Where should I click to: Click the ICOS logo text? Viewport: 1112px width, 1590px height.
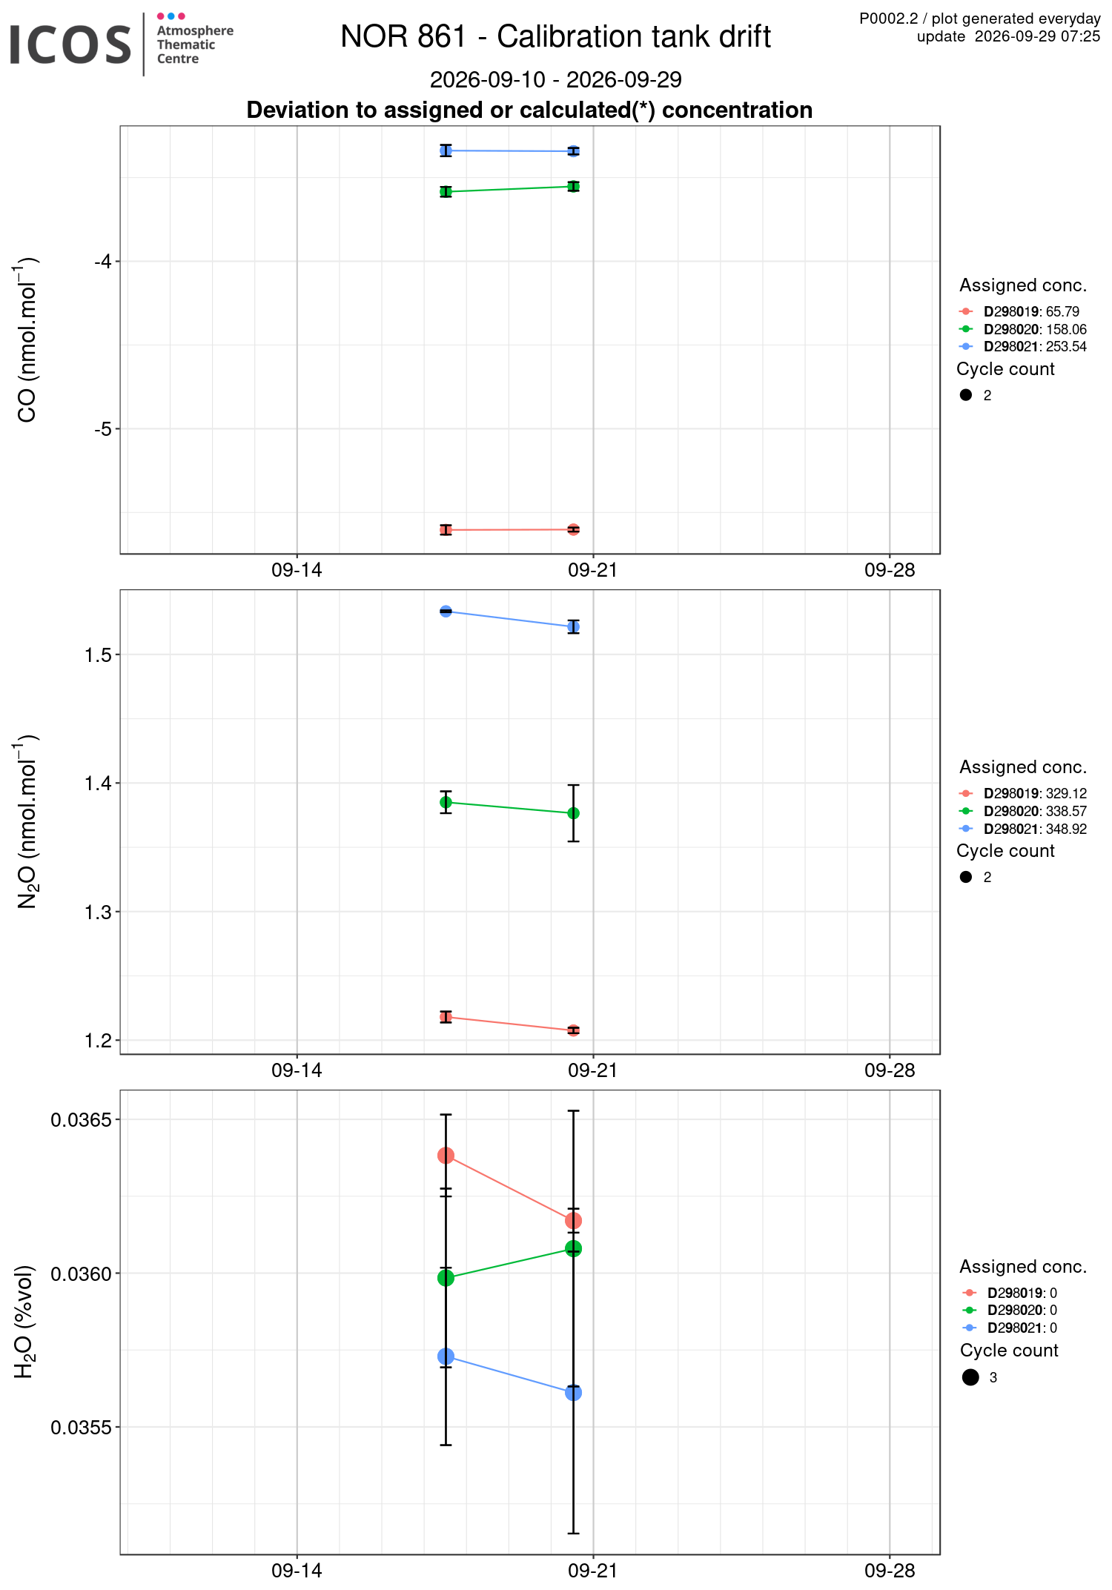pos(70,44)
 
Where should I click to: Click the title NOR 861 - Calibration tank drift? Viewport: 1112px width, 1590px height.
pos(555,36)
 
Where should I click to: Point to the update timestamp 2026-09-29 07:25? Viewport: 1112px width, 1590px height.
pos(1037,36)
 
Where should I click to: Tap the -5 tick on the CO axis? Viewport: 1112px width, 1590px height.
pos(103,428)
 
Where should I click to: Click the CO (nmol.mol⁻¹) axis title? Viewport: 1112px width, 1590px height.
pos(27,339)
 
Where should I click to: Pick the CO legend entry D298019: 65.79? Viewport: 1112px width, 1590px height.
pos(1031,312)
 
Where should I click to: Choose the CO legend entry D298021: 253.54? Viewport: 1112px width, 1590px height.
pos(1035,347)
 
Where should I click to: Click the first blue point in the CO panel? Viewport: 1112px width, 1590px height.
pos(446,150)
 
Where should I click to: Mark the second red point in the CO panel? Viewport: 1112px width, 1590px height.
pos(573,529)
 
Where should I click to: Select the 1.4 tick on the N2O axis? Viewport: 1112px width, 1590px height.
pos(99,783)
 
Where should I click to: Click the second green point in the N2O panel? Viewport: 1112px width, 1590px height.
pos(573,813)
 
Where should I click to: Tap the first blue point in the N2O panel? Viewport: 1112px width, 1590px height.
pos(446,612)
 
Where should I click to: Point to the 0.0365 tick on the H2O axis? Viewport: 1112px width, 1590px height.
pos(82,1119)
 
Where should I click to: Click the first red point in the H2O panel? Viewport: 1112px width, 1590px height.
pos(446,1156)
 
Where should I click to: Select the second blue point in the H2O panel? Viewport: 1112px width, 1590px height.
pos(573,1393)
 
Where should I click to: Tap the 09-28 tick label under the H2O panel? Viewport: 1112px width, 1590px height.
pos(890,1570)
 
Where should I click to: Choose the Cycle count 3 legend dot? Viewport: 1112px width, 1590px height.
pos(970,1377)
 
